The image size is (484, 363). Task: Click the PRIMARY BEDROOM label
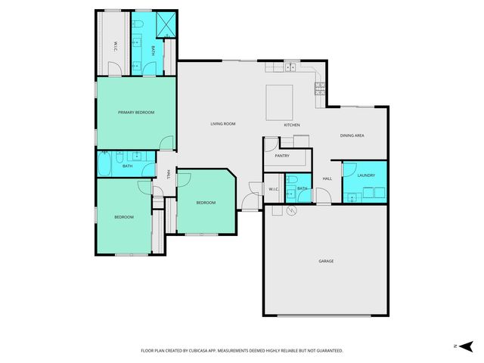(x=136, y=112)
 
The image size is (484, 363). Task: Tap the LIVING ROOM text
(x=223, y=124)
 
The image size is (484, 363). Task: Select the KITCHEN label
(x=292, y=125)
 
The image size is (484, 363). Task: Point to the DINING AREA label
(x=352, y=135)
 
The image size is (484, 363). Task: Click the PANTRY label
(x=283, y=156)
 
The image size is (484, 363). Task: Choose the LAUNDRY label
(x=367, y=175)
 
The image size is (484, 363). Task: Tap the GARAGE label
(x=326, y=261)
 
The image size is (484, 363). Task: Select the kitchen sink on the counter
(x=290, y=68)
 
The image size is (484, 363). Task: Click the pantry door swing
(x=270, y=144)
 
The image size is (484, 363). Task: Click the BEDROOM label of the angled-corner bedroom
(x=206, y=203)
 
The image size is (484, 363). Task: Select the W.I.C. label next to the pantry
(x=274, y=189)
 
